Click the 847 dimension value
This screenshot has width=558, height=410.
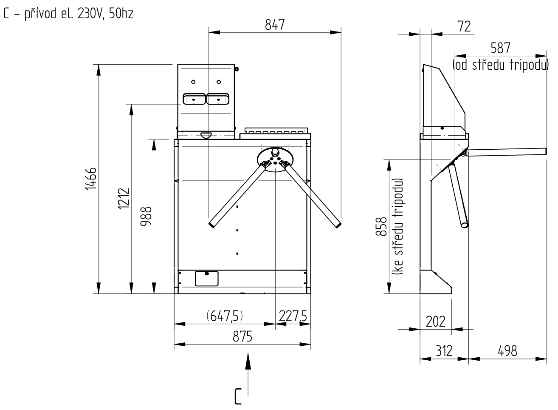[x=275, y=25]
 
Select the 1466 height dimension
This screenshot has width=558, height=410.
[x=91, y=179]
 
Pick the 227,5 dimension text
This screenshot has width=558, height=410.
[x=293, y=316]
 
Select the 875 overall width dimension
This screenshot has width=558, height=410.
[x=242, y=337]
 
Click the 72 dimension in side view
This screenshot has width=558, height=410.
[x=465, y=26]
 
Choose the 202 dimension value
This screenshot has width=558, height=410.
[x=435, y=321]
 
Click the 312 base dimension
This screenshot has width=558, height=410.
[x=444, y=351]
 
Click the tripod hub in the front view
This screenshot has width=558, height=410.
[x=275, y=160]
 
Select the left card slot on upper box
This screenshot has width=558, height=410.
[x=194, y=99]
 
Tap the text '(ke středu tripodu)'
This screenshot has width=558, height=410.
[x=398, y=227]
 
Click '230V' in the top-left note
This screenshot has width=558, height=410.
[x=90, y=14]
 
